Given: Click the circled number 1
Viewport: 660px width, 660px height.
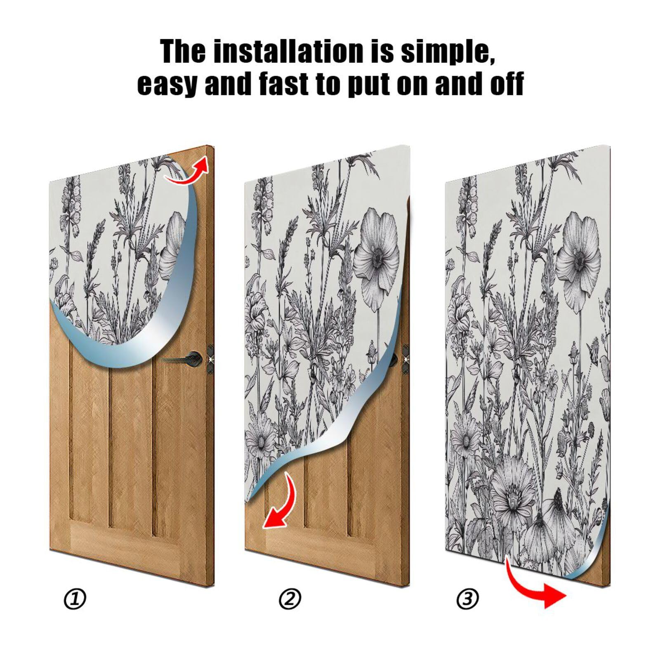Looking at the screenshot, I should pyautogui.click(x=75, y=599).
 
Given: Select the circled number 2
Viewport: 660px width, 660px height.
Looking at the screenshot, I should pyautogui.click(x=290, y=599).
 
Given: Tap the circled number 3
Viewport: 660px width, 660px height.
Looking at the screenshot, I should pyautogui.click(x=468, y=599).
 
